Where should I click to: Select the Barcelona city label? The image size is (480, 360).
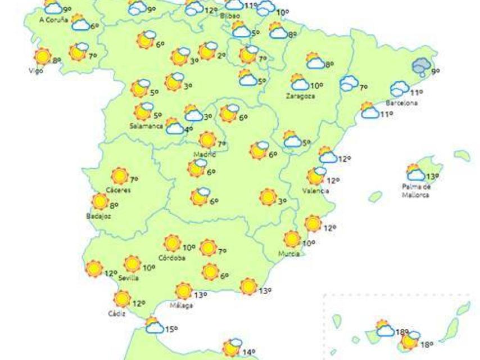pyautogui.click(x=401, y=103)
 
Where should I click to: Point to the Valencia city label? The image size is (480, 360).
pyautogui.click(x=315, y=191)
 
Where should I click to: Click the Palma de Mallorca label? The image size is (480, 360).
pyautogui.click(x=416, y=191)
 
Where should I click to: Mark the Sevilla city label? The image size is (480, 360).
pyautogui.click(x=129, y=277)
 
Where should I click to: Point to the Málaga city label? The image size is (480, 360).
pyautogui.click(x=182, y=305)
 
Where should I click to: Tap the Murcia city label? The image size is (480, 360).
pyautogui.click(x=288, y=254)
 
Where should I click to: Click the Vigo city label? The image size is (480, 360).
pyautogui.click(x=36, y=70)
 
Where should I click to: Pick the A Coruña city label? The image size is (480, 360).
pyautogui.click(x=53, y=20)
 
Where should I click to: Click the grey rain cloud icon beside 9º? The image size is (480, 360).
pyautogui.click(x=422, y=67)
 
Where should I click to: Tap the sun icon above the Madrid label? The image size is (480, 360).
pyautogui.click(x=207, y=139)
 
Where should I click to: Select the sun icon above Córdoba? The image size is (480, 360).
pyautogui.click(x=172, y=243)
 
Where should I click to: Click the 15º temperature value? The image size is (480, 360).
pyautogui.click(x=171, y=329)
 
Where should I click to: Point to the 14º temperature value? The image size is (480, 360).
pyautogui.click(x=248, y=353)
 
